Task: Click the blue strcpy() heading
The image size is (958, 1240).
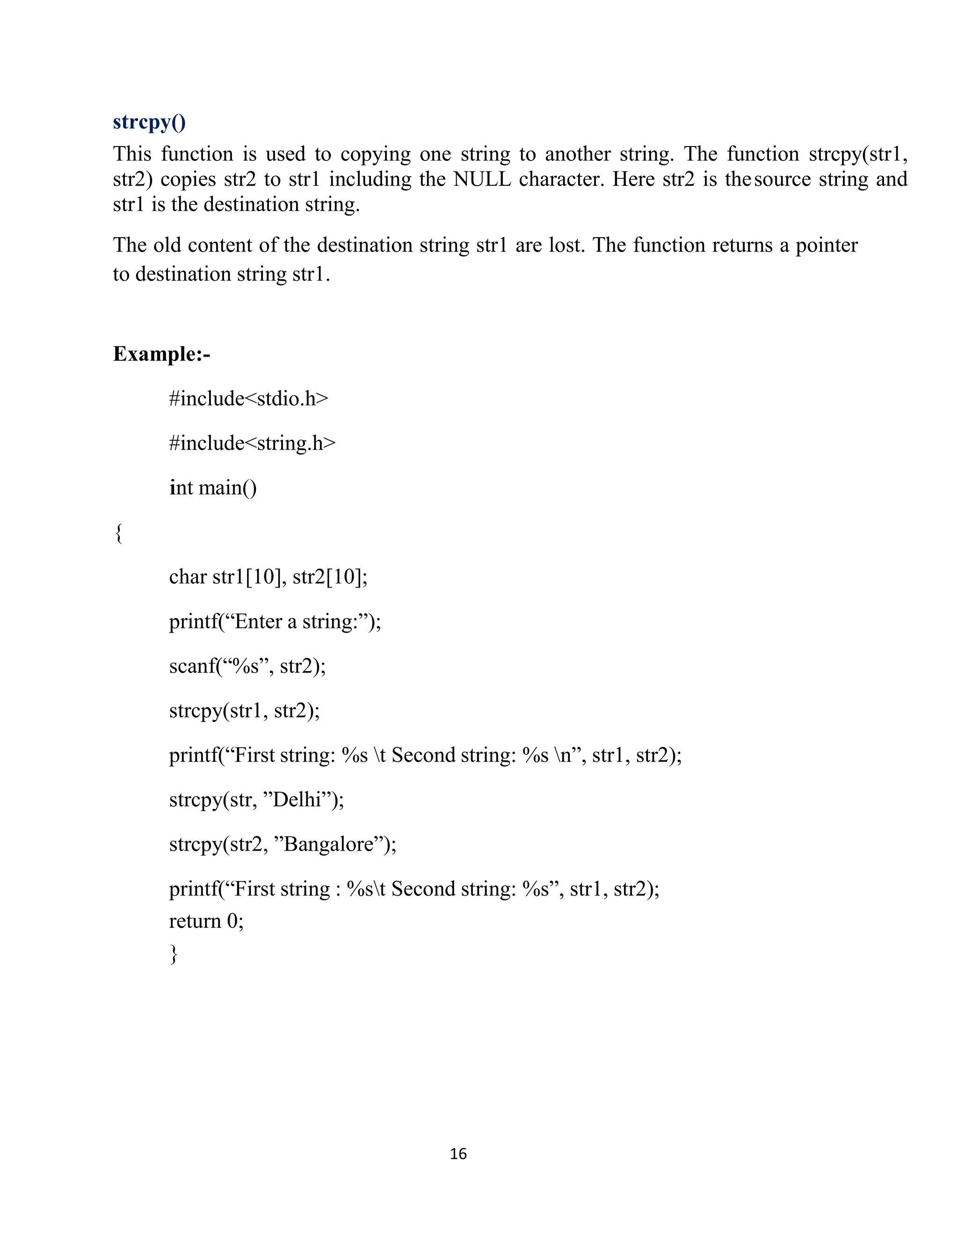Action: (149, 123)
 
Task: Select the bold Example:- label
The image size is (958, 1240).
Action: (161, 354)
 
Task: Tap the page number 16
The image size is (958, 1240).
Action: (458, 1154)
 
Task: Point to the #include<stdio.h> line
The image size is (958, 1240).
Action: (248, 399)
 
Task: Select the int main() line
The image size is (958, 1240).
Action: (213, 488)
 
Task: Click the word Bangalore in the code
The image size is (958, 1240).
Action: (327, 844)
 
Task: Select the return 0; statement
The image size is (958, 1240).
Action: (206, 920)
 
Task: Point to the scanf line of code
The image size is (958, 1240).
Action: (247, 666)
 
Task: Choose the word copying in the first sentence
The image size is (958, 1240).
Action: (375, 154)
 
